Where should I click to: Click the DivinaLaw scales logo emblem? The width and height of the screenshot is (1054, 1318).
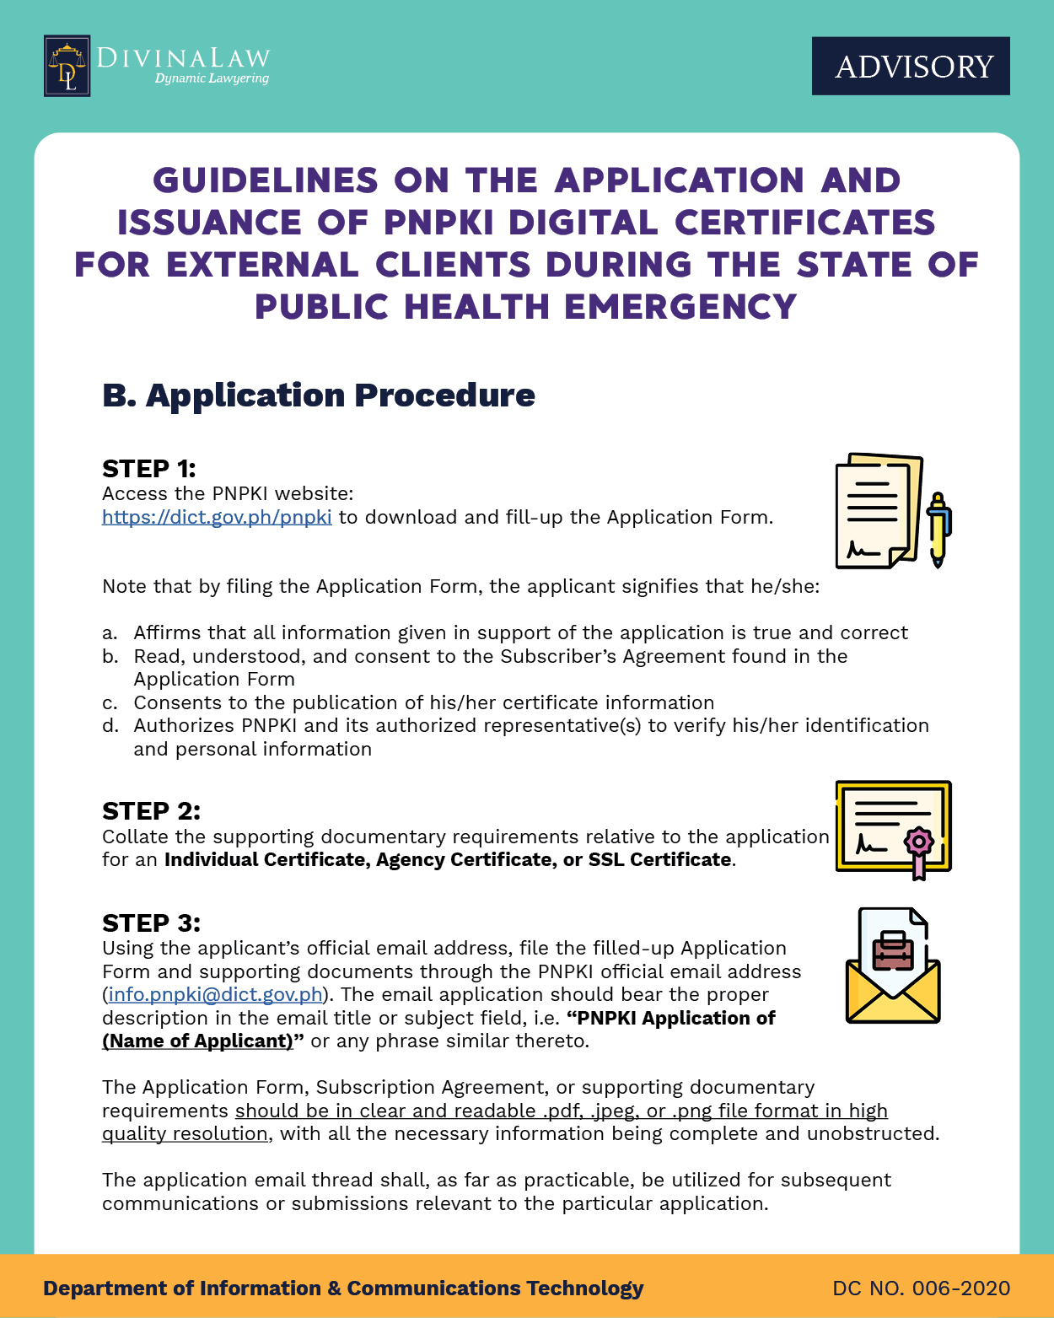[67, 66]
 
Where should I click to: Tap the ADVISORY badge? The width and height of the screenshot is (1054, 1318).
[911, 66]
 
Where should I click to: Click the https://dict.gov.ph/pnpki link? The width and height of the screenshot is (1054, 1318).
[217, 517]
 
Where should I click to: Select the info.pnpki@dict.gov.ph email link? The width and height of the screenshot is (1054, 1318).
[216, 994]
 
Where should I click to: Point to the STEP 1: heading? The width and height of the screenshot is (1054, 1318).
[148, 469]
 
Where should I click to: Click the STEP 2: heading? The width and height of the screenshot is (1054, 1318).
[151, 811]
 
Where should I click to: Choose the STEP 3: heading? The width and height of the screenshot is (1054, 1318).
[151, 923]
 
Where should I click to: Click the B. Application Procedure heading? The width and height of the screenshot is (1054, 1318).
[318, 395]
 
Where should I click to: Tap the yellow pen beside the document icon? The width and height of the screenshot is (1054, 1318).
[938, 530]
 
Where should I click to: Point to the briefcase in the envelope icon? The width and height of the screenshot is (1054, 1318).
[893, 950]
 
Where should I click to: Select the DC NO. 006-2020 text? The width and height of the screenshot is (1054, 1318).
[921, 1288]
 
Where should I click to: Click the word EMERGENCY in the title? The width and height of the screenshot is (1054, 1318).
[680, 306]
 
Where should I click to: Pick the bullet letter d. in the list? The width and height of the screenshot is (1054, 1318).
[110, 726]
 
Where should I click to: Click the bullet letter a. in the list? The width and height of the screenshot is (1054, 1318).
[110, 633]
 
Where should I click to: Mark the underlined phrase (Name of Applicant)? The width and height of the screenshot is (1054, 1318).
[197, 1041]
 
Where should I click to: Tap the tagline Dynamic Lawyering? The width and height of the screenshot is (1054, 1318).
[212, 78]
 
